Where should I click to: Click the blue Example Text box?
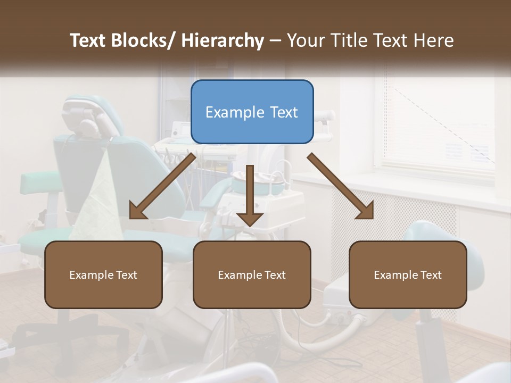coord(252,112)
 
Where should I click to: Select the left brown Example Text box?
coord(103,274)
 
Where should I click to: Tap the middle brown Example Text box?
coord(252,274)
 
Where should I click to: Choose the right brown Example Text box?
coord(408,274)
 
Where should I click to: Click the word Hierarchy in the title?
coord(222,40)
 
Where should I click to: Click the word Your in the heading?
coord(306,40)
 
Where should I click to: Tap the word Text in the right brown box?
coord(430,274)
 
